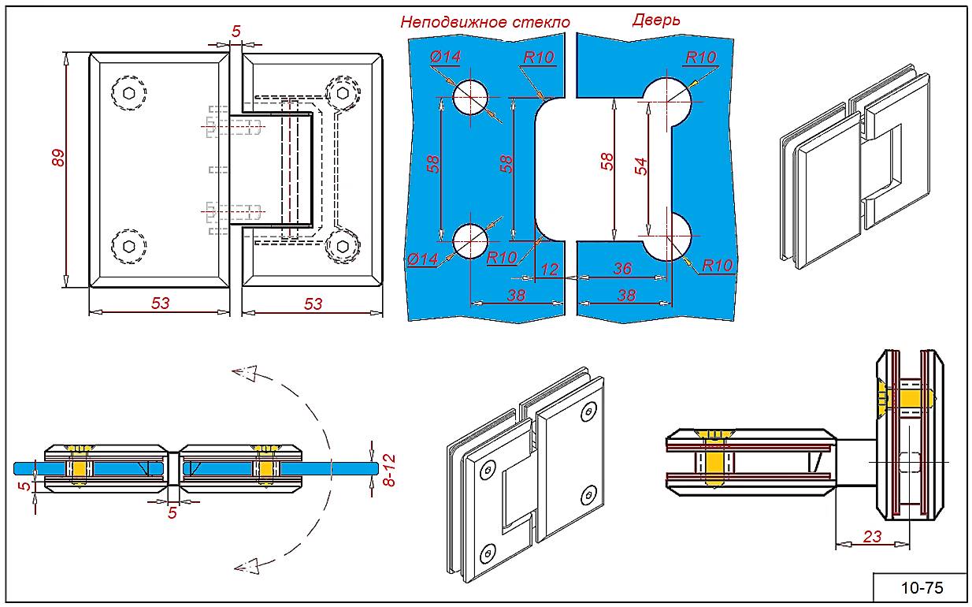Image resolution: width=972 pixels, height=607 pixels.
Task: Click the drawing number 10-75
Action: pos(921,587)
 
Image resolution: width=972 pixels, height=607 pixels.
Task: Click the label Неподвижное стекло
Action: pos(484,22)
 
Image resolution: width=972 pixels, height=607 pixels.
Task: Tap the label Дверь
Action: pos(655,20)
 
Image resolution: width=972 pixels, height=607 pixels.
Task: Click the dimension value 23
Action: pos(872,538)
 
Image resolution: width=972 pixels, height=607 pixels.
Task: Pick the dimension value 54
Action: pos(641,166)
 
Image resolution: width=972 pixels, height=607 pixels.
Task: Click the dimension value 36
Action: pos(621,268)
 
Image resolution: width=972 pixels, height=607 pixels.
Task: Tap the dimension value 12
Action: pos(551,270)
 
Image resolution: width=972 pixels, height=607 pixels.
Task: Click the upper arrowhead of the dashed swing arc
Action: pos(247,372)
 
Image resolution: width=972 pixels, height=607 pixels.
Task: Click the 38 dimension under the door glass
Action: pos(626,295)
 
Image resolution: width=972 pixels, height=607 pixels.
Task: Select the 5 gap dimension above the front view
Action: pos(236,32)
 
